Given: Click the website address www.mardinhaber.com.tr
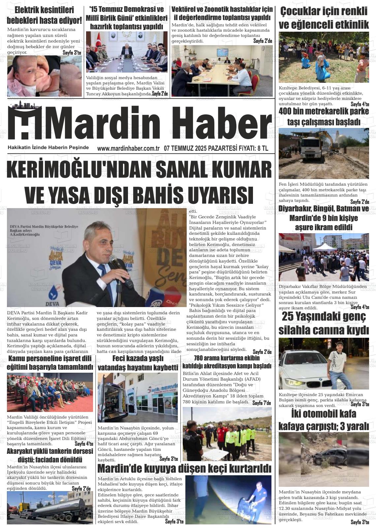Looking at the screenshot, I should pos(128,148).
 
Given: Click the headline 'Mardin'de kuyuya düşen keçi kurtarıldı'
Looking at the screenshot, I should pos(184,468).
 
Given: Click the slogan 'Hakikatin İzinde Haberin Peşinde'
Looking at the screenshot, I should pos(48,147).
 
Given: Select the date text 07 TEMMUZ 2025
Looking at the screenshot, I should pos(182,148).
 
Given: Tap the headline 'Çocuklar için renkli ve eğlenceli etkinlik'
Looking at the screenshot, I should pos(324,18).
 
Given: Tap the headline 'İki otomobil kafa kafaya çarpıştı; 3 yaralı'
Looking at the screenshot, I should pos(324,420).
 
